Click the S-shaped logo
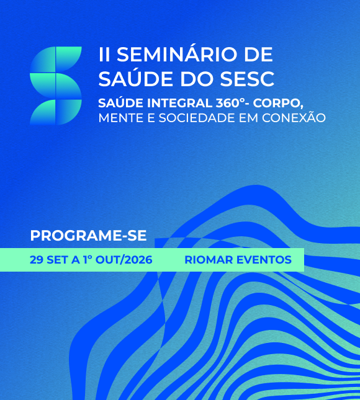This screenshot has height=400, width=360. (56, 86)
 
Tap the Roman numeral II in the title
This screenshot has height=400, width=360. (104, 55)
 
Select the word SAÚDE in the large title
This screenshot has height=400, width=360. (135, 79)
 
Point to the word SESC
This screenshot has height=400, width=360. (247, 79)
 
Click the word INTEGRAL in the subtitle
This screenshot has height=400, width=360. (180, 103)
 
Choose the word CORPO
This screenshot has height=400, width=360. (278, 104)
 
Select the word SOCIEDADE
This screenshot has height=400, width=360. (196, 118)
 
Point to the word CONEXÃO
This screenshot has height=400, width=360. (294, 117)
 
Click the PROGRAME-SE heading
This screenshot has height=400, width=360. (88, 236)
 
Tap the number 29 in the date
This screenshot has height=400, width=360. (36, 260)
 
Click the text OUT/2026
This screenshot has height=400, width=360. (124, 260)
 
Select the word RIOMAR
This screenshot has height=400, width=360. (209, 260)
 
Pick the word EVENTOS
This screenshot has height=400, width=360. (264, 260)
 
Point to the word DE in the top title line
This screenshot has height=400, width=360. (259, 55)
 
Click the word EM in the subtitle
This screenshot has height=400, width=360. (248, 118)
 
